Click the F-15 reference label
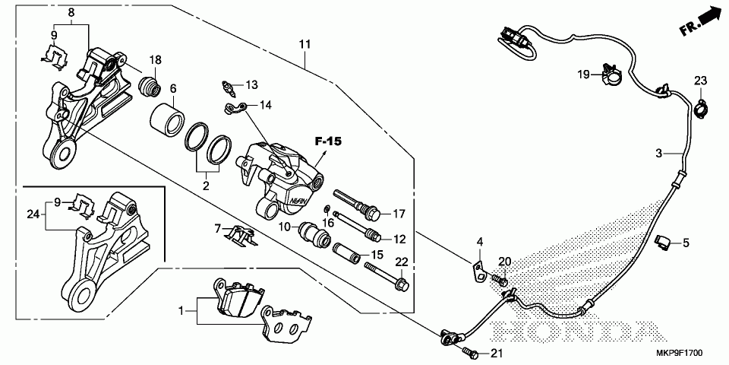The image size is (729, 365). coord(328,141)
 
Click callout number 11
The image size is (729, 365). coord(305,45)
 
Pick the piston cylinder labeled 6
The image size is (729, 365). coord(166,121)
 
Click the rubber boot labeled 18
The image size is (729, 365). coord(150,85)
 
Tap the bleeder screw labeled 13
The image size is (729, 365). coord(227,86)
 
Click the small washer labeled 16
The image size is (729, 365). coord(327,207)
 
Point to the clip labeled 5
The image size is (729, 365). coord(662,242)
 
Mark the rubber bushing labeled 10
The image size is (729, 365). coord(314,233)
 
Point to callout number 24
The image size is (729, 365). coord(32,214)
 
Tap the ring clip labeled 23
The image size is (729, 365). coord(701,109)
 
